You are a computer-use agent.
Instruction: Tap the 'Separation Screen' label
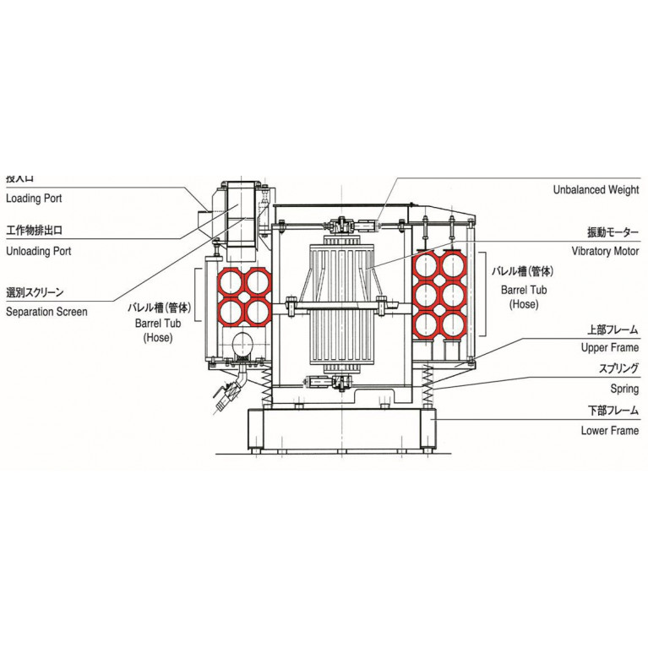[x=46, y=312]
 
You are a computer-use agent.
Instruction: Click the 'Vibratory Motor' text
[x=602, y=251]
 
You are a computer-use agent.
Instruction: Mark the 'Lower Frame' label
[x=609, y=431]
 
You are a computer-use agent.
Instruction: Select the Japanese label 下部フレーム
[x=609, y=411]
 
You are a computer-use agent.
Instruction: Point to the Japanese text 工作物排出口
[x=35, y=230]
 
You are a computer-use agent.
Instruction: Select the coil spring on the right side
[x=427, y=384]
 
